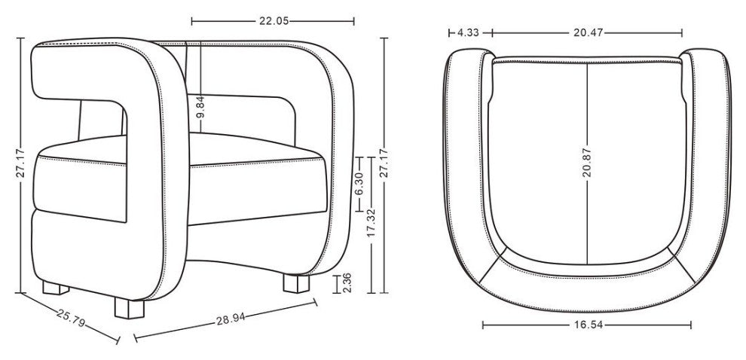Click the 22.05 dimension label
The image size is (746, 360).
pos(274,21)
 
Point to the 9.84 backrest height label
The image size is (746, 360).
pos(200,107)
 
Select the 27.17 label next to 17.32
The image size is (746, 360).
pos(384,163)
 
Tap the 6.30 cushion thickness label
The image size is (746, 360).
pos(359,184)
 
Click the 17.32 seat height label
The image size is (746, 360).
pos(372,223)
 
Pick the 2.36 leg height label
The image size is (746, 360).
pos(347,282)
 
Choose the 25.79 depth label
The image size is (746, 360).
pos(70,318)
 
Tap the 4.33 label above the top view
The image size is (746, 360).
pos(468,33)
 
